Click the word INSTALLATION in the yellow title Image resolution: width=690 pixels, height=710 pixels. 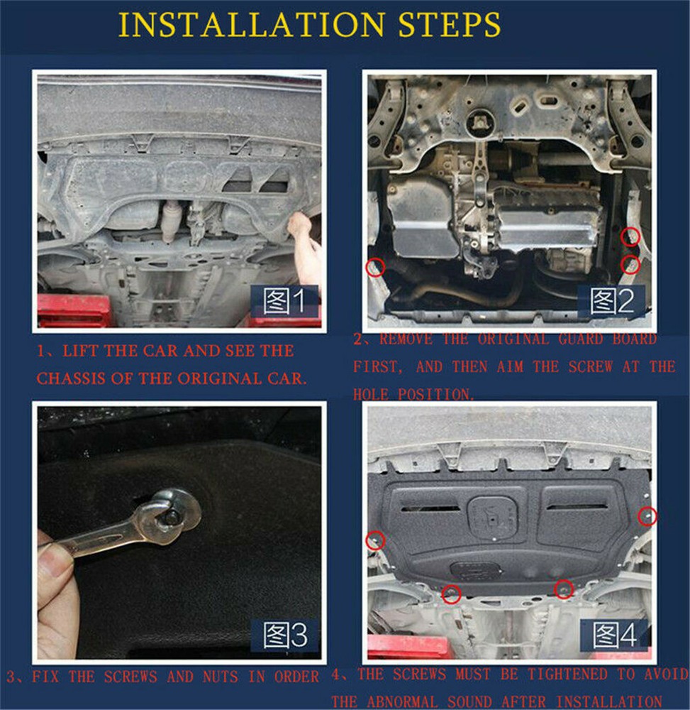(251, 24)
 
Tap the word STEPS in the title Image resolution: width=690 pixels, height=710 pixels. (450, 24)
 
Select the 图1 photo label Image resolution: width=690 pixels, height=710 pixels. (284, 300)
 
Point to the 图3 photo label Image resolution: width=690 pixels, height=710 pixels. (285, 635)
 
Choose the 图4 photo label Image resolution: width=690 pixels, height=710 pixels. (615, 635)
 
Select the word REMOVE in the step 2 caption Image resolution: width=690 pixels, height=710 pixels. (406, 339)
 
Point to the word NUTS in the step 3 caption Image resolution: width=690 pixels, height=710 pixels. (221, 677)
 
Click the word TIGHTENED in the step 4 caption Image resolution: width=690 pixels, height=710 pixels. (567, 674)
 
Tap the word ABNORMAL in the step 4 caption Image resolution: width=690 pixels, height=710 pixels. (402, 701)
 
